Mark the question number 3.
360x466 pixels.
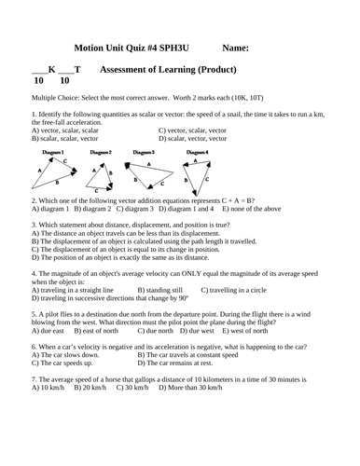tap(34, 225)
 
